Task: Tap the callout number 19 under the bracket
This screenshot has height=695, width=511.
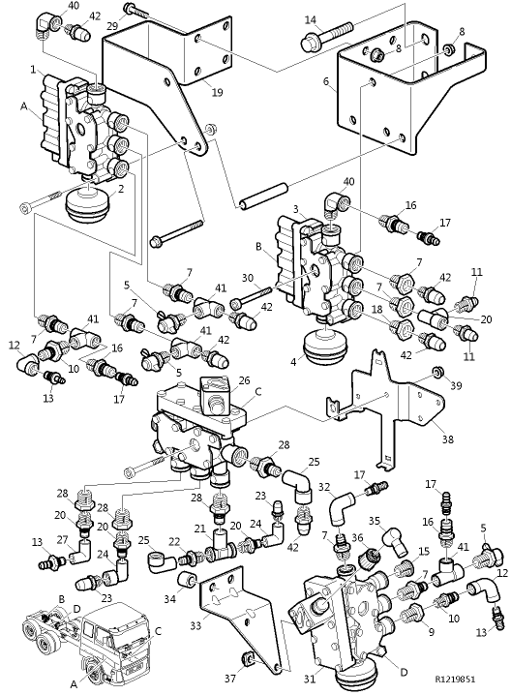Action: [x=217, y=93]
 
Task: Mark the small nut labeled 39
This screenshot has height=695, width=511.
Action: [x=437, y=372]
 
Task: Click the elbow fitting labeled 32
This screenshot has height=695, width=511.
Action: [x=341, y=504]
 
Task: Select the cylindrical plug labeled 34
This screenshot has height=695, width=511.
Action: [x=185, y=579]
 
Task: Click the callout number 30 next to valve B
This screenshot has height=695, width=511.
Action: [x=246, y=277]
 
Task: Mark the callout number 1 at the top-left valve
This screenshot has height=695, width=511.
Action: [x=34, y=69]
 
